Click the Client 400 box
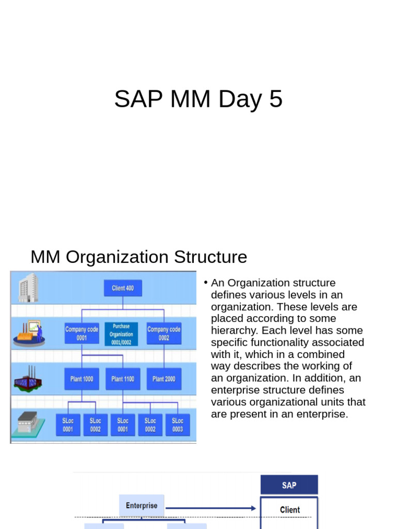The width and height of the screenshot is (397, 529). pyautogui.click(x=123, y=288)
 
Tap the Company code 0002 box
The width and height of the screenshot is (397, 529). pyautogui.click(x=164, y=333)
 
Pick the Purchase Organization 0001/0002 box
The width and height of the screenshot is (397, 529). pyautogui.click(x=121, y=334)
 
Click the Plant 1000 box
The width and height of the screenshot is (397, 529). pyautogui.click(x=82, y=379)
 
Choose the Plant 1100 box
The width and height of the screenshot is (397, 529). pyautogui.click(x=123, y=379)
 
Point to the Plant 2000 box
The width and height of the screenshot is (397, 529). pyautogui.click(x=164, y=379)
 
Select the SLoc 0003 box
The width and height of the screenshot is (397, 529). pyautogui.click(x=177, y=425)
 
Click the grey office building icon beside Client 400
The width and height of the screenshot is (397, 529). pyautogui.click(x=28, y=288)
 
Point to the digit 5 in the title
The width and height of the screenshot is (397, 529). pyautogui.click(x=276, y=99)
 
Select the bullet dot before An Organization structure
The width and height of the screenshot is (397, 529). pyautogui.click(x=205, y=282)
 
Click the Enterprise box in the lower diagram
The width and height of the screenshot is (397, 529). pyautogui.click(x=142, y=505)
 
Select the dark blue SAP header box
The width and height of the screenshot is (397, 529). pyautogui.click(x=289, y=485)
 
